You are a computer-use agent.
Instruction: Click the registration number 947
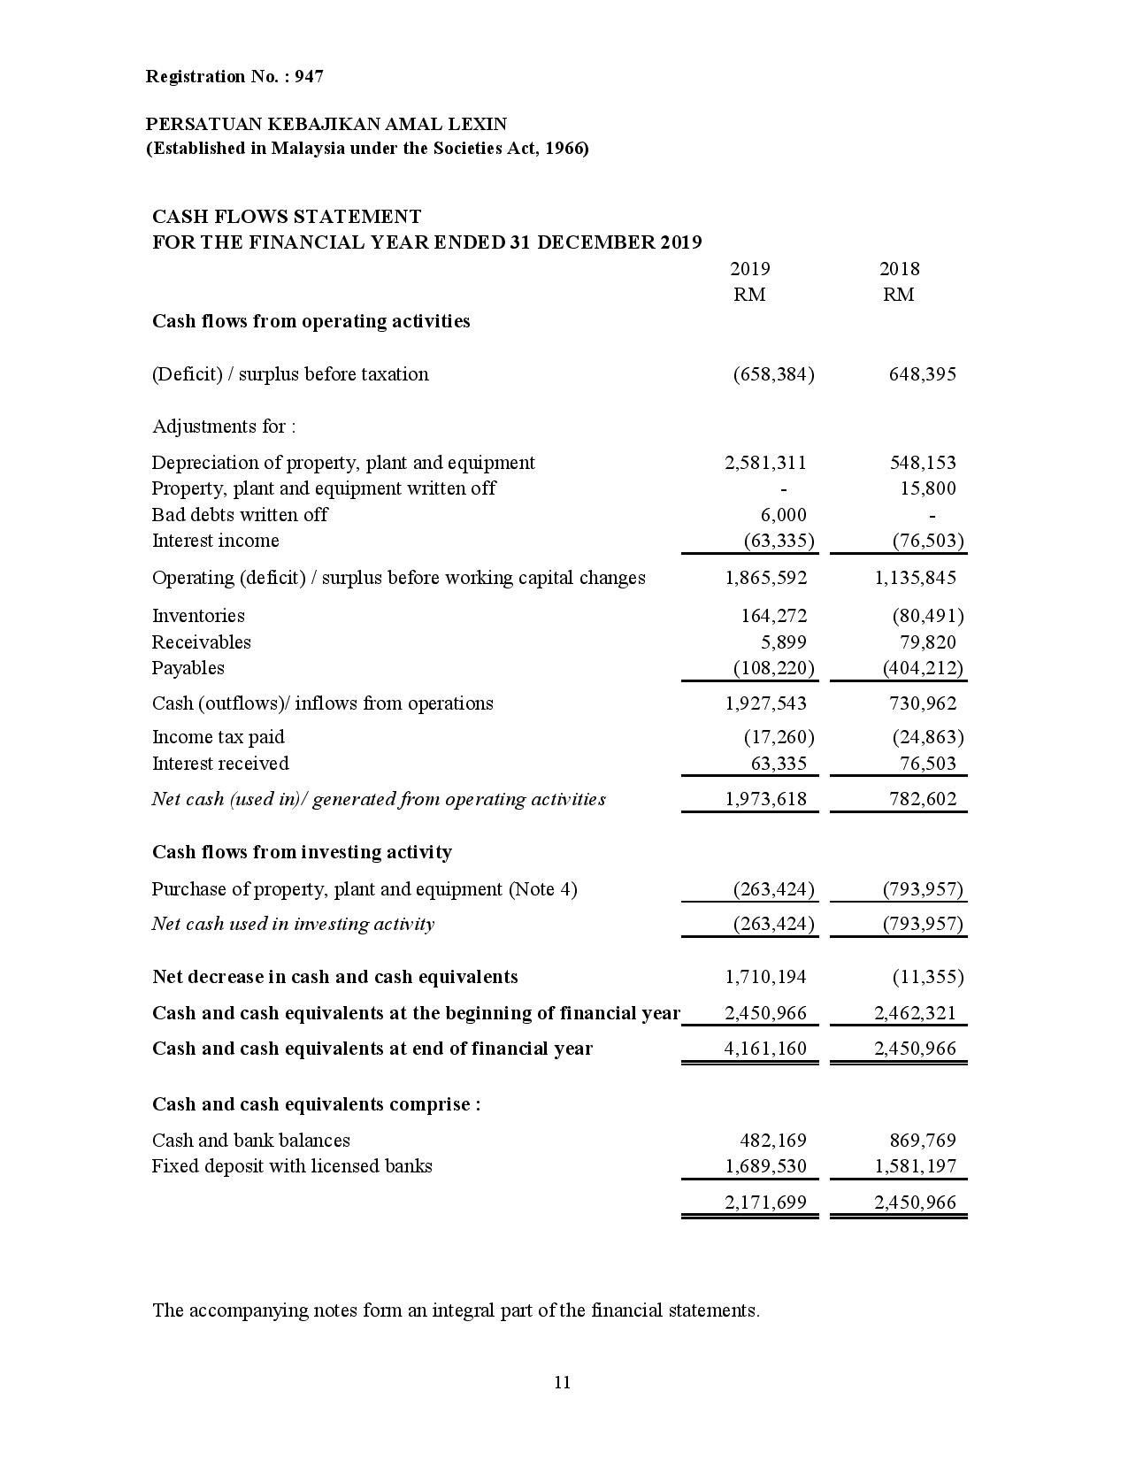point(309,77)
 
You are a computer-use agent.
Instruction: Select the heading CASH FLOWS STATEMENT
point(287,217)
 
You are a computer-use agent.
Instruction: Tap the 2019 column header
point(749,269)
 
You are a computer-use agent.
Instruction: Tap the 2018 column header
point(899,269)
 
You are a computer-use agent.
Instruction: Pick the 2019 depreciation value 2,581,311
point(765,463)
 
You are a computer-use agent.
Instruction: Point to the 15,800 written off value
point(927,488)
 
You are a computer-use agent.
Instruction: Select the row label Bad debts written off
point(240,515)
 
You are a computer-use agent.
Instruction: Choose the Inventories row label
point(198,616)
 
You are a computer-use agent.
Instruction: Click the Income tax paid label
point(219,737)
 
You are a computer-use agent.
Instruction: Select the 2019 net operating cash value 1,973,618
point(765,799)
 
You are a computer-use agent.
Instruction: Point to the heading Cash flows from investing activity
point(302,852)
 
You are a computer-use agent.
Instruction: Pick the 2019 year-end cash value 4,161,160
point(765,1049)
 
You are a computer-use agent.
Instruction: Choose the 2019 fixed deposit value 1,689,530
point(765,1166)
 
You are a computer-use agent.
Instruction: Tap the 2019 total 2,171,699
point(765,1203)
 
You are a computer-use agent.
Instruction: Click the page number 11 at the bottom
point(563,1382)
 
